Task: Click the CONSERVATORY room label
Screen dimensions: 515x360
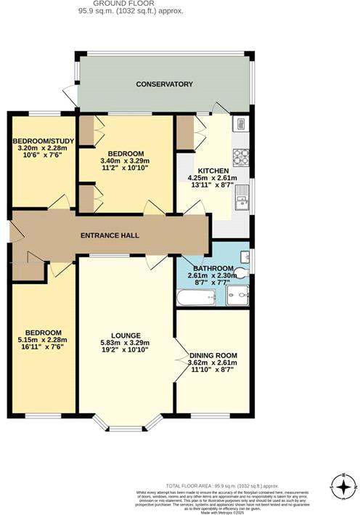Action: [x=165, y=84]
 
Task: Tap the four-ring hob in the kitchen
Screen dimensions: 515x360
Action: [x=240, y=156]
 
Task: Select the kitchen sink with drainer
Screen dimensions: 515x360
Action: [x=242, y=197]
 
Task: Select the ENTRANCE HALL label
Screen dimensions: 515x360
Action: [x=109, y=235]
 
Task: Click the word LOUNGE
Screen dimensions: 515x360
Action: [x=125, y=335]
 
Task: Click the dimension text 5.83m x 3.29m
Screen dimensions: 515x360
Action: [x=125, y=343]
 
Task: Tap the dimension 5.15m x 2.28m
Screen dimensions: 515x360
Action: [x=41, y=341]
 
